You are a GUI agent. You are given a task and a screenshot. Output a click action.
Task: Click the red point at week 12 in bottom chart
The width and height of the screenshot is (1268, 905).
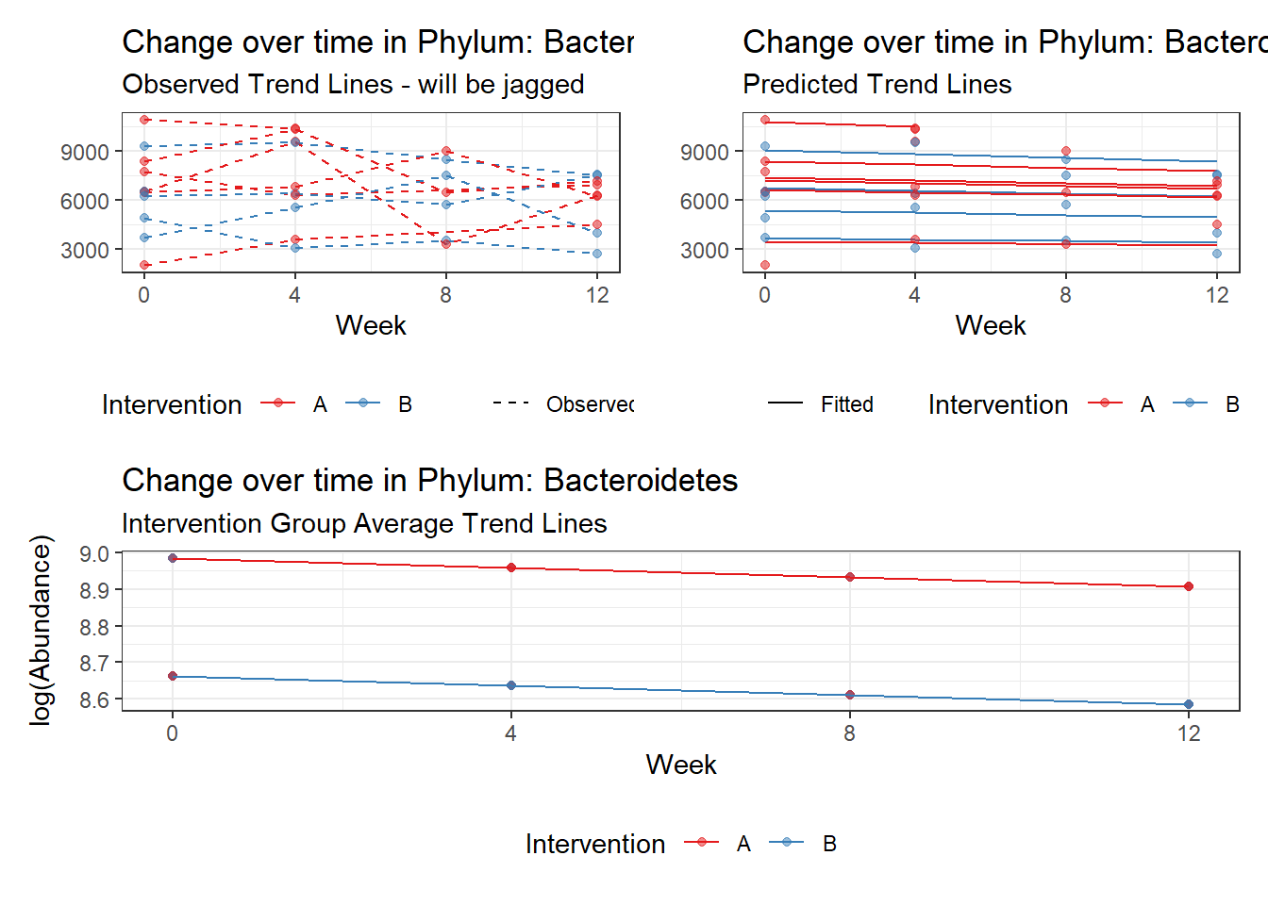pos(1189,586)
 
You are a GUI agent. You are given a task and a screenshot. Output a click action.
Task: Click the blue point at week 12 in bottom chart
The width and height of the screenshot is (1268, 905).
pos(1189,704)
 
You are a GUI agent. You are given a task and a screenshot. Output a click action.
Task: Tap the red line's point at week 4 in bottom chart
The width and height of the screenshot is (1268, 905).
pos(511,568)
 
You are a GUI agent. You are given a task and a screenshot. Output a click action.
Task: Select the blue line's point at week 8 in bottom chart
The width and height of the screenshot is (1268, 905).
pos(850,695)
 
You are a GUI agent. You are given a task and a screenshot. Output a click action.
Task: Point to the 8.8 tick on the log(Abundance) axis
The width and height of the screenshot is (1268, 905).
pos(94,627)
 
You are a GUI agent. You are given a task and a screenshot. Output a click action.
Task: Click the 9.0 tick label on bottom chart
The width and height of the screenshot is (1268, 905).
pos(94,554)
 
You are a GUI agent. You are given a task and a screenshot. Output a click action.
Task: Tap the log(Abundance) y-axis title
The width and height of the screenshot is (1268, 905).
pos(41,630)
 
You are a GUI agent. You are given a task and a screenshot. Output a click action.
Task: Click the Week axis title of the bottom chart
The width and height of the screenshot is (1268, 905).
pos(681,765)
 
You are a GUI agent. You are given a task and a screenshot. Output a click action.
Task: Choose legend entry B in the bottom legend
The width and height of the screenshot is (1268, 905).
pos(829,844)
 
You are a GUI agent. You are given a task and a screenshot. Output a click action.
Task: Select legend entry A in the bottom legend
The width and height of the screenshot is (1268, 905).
pos(743,844)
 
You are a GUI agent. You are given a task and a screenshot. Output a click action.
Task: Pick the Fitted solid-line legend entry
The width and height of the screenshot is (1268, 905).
pos(846,404)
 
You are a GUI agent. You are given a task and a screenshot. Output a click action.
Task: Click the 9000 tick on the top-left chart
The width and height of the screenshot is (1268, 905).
pos(85,152)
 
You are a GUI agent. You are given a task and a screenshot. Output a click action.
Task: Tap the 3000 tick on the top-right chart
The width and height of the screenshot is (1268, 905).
pos(705,251)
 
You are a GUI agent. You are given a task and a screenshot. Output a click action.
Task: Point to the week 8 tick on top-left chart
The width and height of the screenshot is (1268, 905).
pos(445,295)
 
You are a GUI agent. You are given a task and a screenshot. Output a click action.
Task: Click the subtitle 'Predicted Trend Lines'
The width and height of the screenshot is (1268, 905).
pos(876,84)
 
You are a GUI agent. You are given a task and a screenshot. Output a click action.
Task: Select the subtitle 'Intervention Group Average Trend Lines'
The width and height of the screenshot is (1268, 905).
pos(364,523)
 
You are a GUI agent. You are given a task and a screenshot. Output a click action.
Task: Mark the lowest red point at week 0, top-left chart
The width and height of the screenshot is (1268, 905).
pos(144,265)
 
